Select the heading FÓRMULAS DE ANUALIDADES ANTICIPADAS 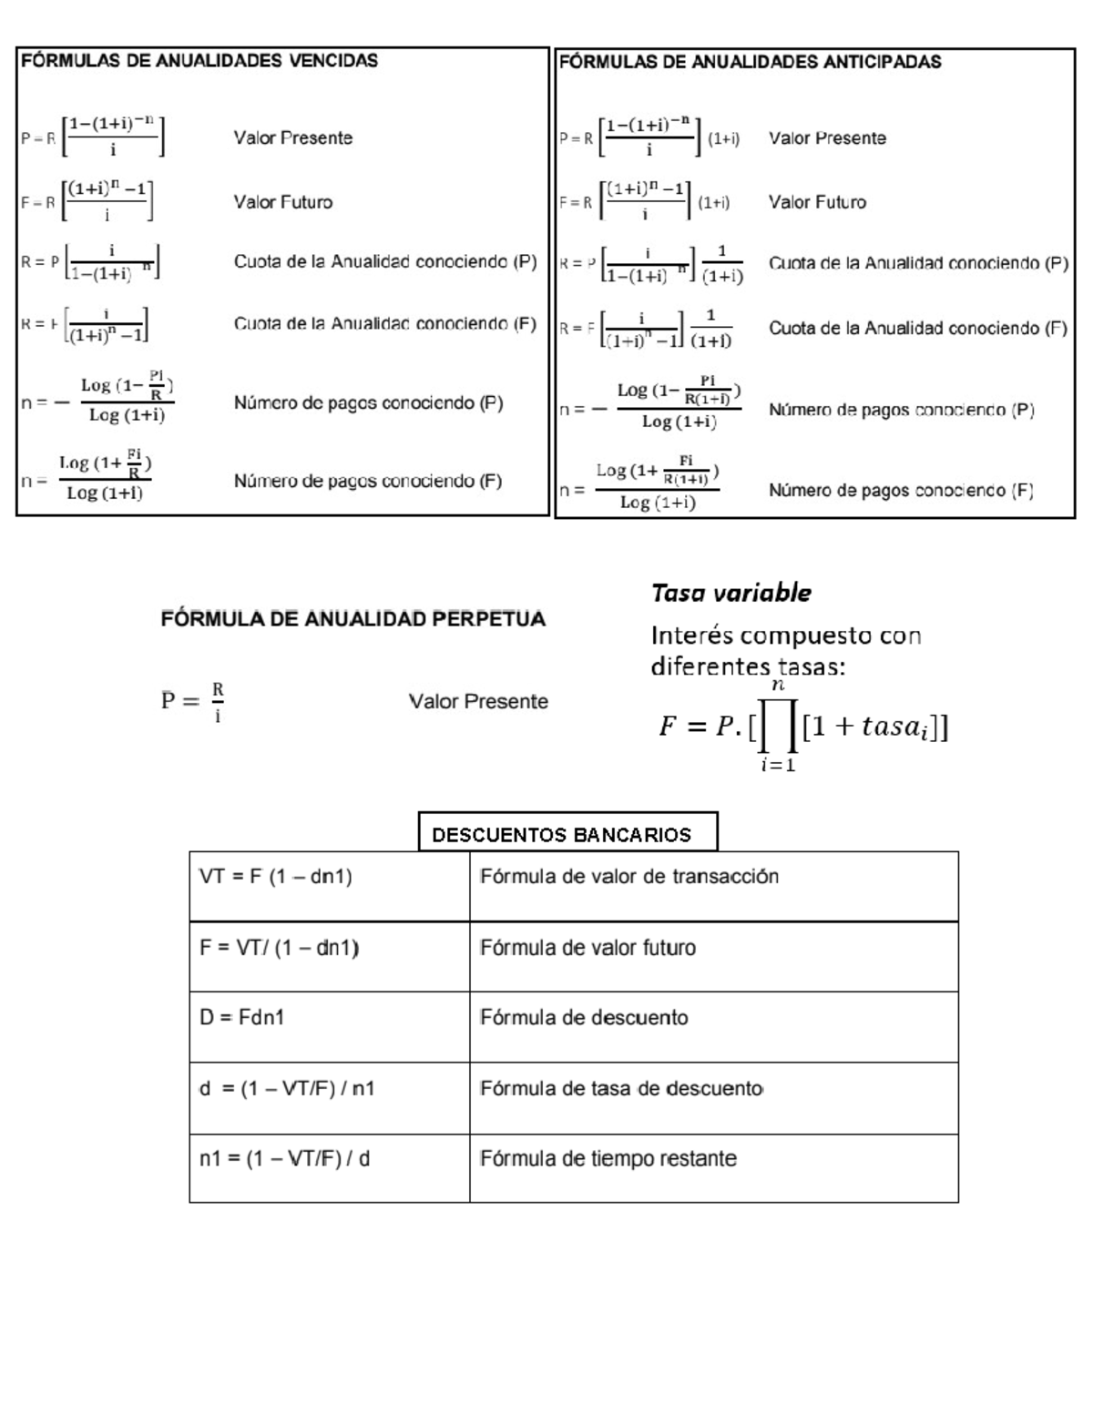[750, 62]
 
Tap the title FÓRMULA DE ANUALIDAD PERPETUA [353, 619]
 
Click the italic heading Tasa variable [730, 593]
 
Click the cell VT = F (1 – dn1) [276, 877]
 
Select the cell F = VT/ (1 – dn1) [280, 948]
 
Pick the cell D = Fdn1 [242, 1017]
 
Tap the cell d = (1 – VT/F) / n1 [287, 1088]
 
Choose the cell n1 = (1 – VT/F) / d [284, 1159]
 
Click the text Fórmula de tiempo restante [608, 1159]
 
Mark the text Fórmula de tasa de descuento [621, 1088]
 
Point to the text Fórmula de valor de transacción [629, 877]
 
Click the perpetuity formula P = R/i [193, 701]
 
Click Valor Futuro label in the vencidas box [282, 202]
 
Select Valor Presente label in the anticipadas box [827, 138]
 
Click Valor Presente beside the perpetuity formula [478, 701]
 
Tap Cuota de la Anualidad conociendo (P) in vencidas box [385, 262]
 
